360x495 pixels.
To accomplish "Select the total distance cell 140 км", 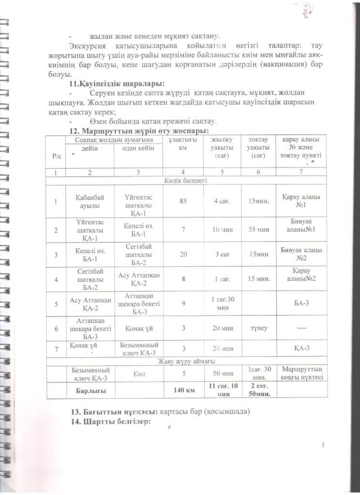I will click(182, 390).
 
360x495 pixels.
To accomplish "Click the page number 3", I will click(322, 445).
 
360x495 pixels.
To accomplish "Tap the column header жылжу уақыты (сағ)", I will click(222, 147).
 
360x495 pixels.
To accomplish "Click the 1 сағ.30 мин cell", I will click(222, 303).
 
